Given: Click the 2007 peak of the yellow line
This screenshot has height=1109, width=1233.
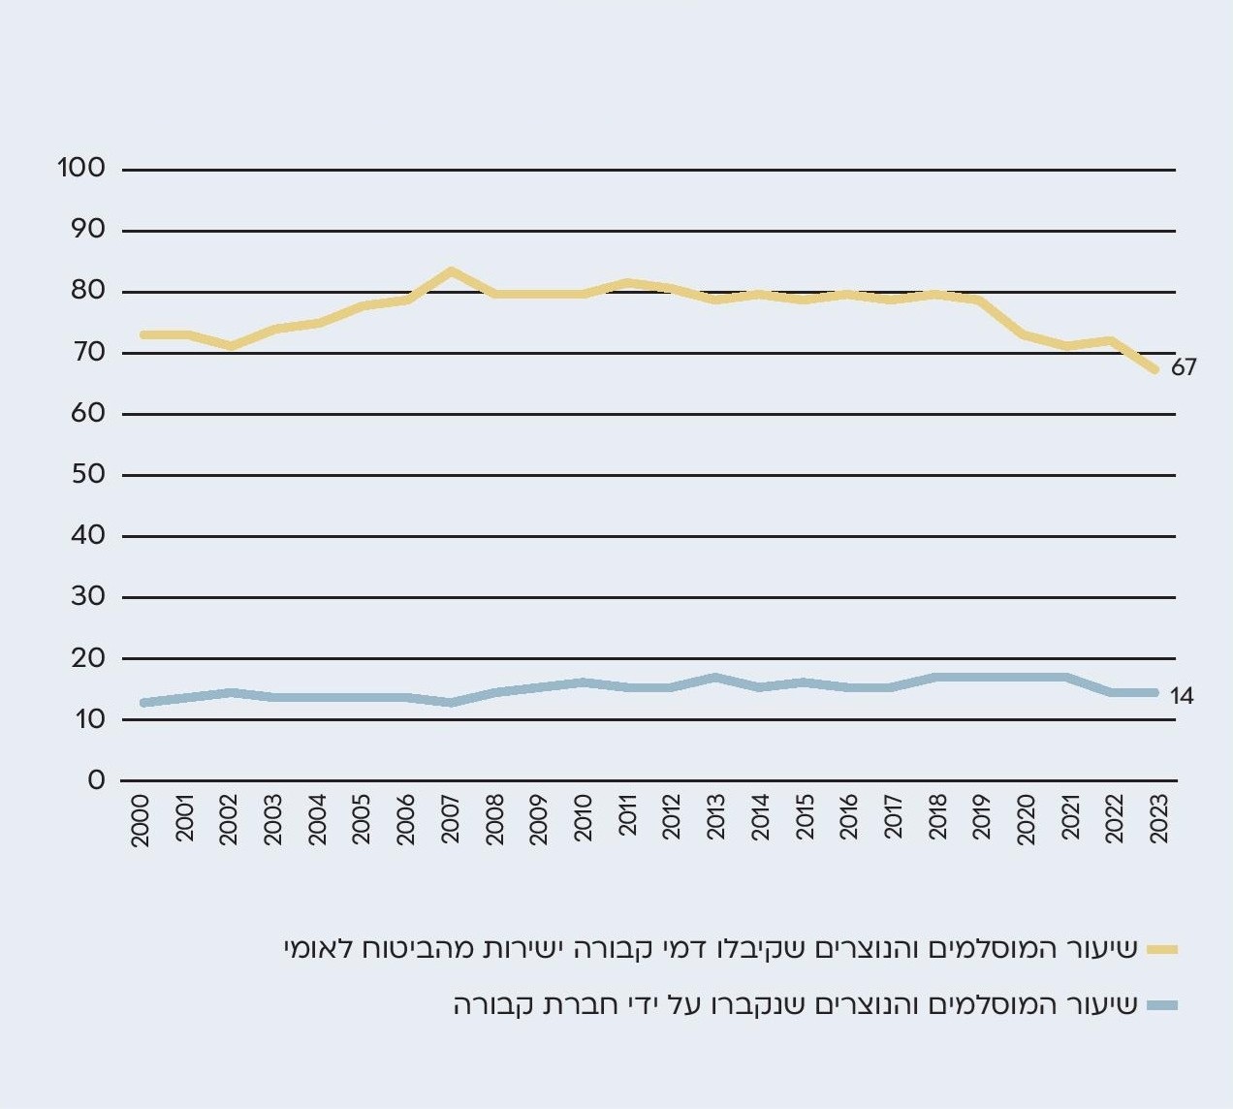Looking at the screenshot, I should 451,271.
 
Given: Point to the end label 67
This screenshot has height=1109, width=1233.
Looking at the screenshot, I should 1184,367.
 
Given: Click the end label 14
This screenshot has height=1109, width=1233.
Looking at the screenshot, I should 1182,696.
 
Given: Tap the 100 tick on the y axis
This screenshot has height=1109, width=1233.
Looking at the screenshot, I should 81,168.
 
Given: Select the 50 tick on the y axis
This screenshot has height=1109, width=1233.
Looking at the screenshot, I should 88,474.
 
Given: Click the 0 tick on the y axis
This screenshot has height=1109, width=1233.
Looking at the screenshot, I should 96,779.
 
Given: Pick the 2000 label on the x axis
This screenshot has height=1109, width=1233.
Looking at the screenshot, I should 142,820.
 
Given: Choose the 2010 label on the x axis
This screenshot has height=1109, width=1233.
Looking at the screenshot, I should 584,820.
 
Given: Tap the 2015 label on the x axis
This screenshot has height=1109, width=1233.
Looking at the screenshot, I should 805,820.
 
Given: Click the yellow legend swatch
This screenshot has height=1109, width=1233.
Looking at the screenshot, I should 1162,949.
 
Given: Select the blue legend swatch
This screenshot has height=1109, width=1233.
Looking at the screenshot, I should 1162,1005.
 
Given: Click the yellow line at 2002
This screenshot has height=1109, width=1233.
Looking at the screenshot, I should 231,345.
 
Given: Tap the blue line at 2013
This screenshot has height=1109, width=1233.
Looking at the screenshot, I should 716,677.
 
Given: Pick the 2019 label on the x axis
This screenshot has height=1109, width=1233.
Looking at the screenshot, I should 981,820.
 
